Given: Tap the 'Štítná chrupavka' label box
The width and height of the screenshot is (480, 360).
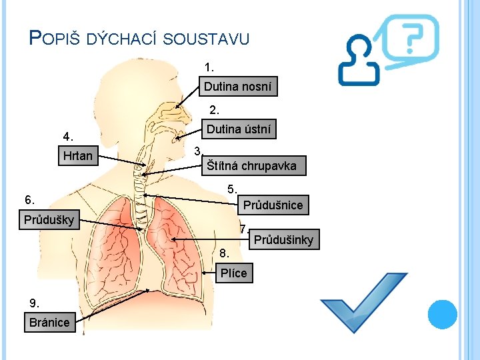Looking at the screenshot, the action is [253, 166].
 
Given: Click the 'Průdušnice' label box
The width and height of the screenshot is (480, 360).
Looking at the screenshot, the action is [273, 205].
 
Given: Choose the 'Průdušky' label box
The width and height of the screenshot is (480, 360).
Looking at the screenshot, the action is [51, 219].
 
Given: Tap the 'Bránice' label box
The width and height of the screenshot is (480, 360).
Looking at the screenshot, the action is [49, 323].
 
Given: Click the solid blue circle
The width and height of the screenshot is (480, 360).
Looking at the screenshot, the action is [442, 314].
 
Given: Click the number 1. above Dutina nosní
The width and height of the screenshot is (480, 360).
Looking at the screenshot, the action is [210, 67].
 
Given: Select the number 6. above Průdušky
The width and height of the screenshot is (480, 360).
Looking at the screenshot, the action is [30, 199].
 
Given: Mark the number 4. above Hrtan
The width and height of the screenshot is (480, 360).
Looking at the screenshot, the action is [67, 137].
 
